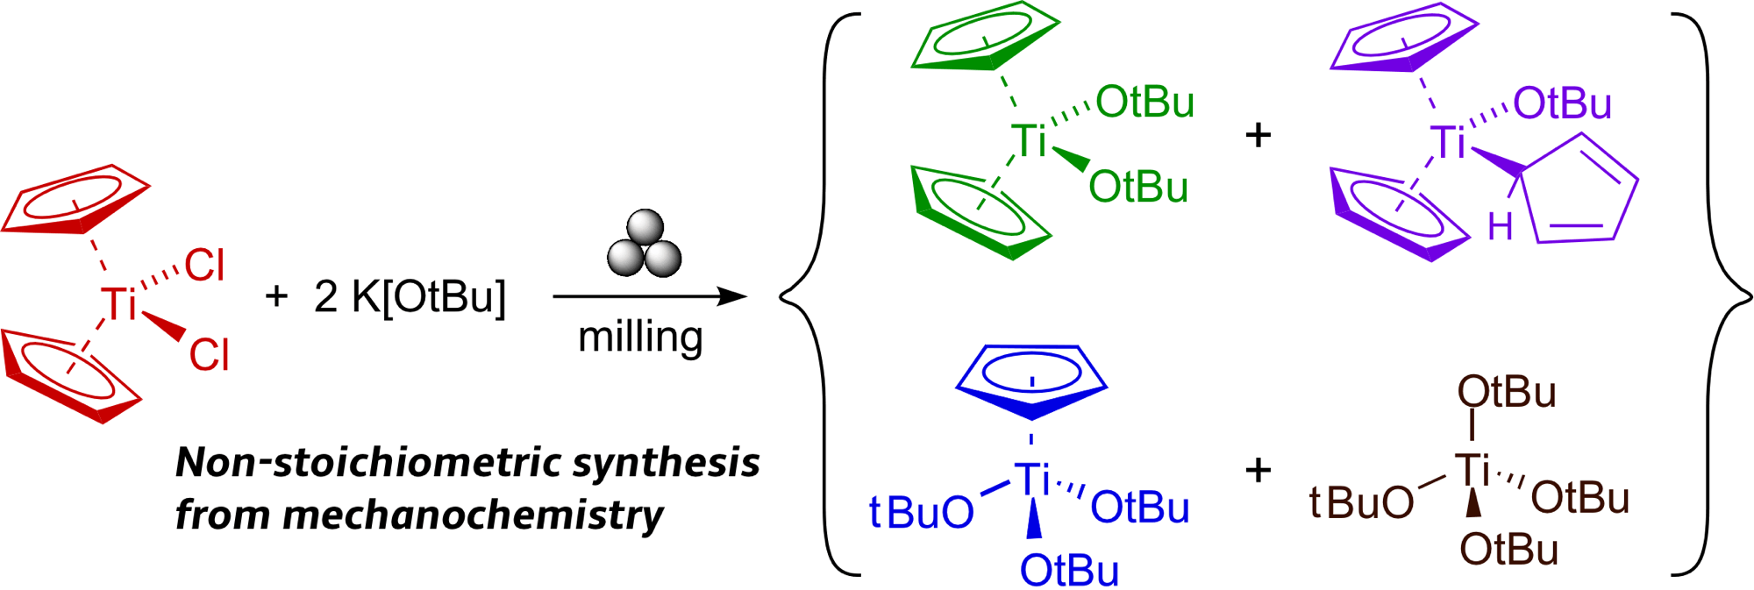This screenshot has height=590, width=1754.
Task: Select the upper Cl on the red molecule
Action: (x=204, y=265)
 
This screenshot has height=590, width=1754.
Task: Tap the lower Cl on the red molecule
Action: (x=209, y=355)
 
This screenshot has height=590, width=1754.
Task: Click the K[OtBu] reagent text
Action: (x=429, y=296)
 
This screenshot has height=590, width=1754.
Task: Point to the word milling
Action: (x=640, y=338)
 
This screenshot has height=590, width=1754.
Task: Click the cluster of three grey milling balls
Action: (x=645, y=245)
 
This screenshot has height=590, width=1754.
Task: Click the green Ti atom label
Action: (x=1029, y=140)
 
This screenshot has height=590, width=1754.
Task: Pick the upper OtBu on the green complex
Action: (x=1144, y=103)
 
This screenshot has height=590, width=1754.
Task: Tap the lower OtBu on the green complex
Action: (x=1138, y=187)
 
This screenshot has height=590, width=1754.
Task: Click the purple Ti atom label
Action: (x=1448, y=142)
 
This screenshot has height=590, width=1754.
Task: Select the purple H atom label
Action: (x=1500, y=228)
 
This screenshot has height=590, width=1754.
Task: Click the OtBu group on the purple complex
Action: (x=1562, y=103)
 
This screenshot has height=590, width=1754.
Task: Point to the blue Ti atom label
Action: (x=1032, y=480)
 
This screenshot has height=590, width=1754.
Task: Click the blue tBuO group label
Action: (x=921, y=512)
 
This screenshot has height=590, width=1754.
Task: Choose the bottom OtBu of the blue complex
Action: (x=1069, y=571)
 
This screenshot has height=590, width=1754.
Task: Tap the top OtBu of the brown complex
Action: (x=1507, y=392)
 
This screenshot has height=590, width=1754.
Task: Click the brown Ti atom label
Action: (x=1472, y=470)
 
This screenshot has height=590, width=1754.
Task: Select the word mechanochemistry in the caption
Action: (x=473, y=515)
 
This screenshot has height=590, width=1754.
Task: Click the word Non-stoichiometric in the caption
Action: (x=367, y=462)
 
